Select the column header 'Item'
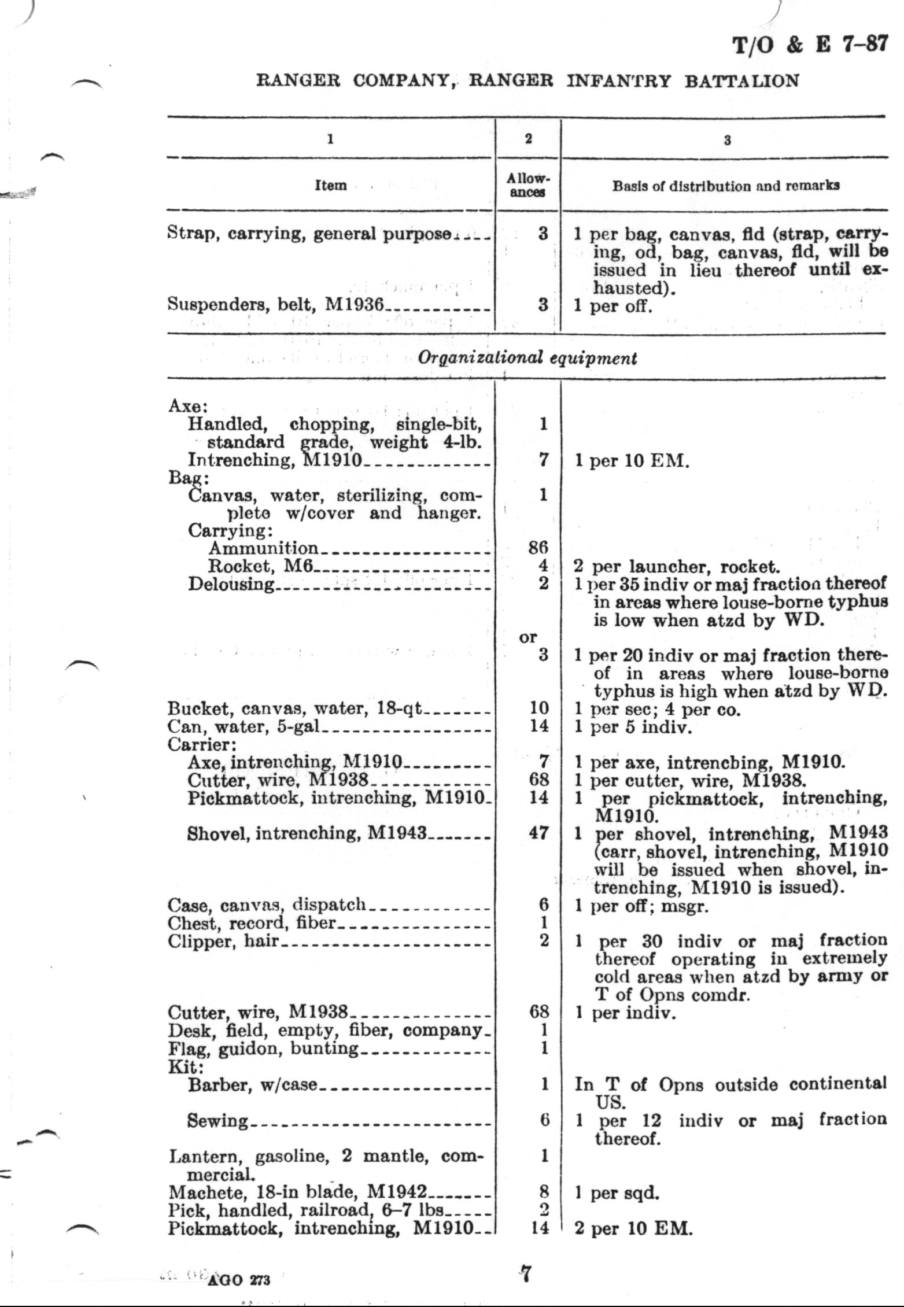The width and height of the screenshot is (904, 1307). [x=330, y=186]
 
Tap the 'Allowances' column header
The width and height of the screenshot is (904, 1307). [x=527, y=186]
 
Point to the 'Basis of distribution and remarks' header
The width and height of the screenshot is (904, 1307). [x=726, y=186]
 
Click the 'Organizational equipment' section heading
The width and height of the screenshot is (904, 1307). [x=526, y=358]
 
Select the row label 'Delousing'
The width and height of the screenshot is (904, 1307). [x=231, y=584]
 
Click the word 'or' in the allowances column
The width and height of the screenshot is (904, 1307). [x=527, y=637]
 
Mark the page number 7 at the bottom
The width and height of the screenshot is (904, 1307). [x=525, y=1274]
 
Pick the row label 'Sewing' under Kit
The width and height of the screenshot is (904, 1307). [x=217, y=1121]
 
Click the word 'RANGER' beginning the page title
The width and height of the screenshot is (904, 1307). [x=298, y=80]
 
